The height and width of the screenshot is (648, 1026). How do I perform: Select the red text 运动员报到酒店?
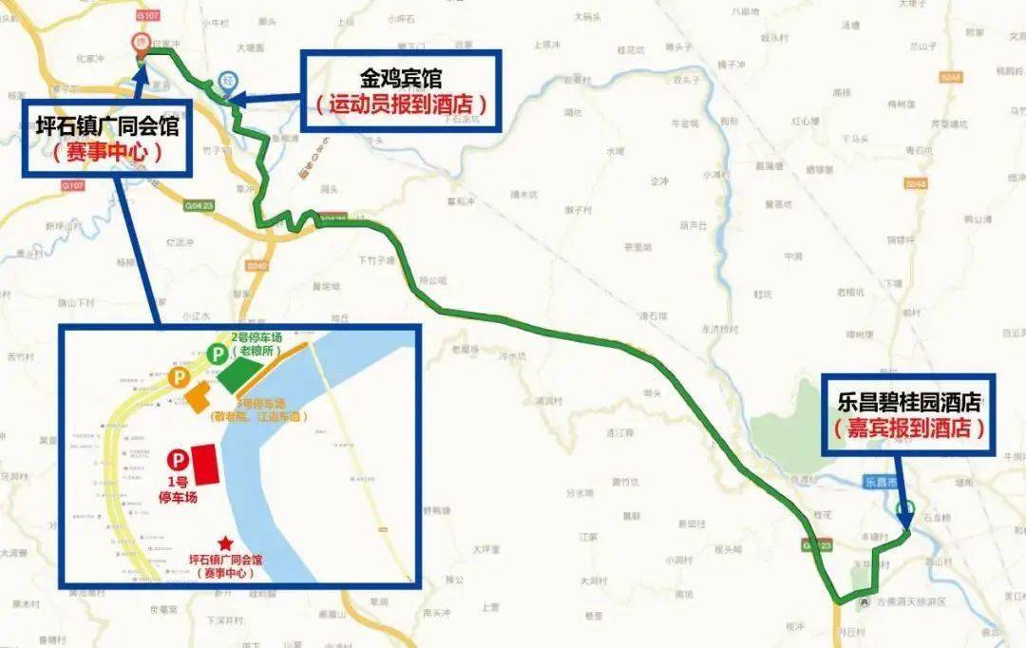coord(401,103)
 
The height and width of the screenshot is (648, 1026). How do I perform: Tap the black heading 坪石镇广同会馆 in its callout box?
coord(106,125)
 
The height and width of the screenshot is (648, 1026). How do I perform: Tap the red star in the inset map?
coord(225,543)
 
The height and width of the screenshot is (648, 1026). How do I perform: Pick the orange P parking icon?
coord(177,378)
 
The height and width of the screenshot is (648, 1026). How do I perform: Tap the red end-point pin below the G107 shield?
coord(141,43)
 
